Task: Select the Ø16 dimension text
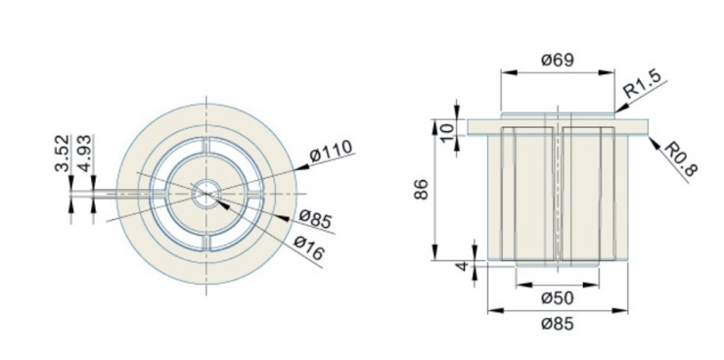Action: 309,248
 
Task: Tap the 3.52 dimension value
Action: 62,154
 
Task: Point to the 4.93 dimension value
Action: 85,154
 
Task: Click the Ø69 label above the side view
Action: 558,60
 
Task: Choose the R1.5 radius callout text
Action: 642,84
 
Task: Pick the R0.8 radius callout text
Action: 680,158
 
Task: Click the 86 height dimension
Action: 421,189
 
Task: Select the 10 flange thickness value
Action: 447,134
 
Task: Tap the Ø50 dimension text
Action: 558,298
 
